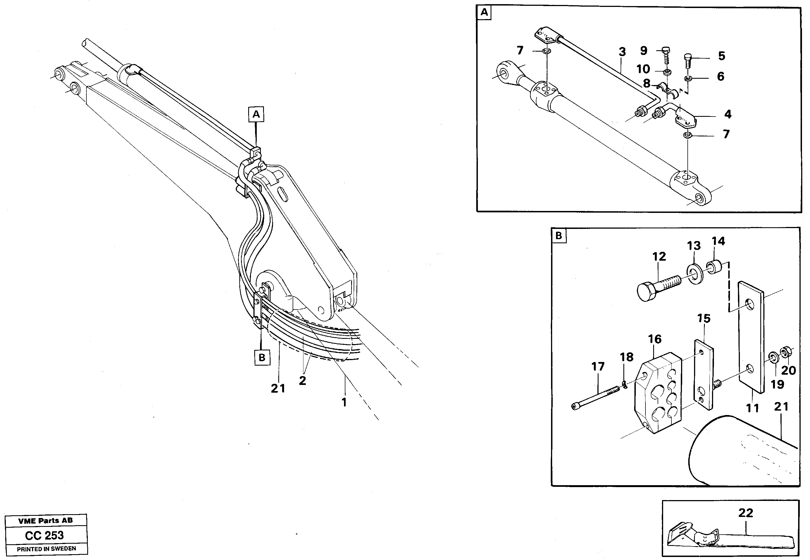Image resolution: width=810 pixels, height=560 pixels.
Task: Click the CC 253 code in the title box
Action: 44,535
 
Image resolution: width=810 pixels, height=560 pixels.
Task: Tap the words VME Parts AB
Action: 45,521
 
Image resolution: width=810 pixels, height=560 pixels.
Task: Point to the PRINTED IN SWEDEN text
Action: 46,549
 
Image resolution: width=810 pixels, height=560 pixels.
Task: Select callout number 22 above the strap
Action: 745,513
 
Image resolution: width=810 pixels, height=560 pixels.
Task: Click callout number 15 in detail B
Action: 704,319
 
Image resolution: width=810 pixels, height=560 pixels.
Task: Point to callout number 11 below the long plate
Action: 753,408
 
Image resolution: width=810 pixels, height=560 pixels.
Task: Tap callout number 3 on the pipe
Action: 622,52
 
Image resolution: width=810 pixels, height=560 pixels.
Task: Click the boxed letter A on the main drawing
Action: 256,114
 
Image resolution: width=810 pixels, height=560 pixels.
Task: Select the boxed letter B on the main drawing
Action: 262,358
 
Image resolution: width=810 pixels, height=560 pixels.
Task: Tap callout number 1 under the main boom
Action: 344,402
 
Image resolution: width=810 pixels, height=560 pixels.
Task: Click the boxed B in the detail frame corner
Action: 559,236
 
